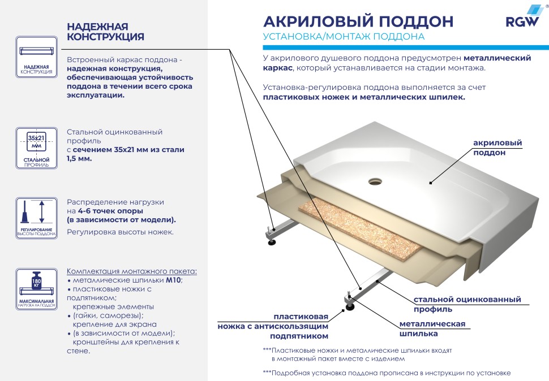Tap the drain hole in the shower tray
tap(375, 181)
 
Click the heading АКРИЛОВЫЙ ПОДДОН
tap(358, 21)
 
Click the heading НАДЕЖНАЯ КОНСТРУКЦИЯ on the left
tap(105, 32)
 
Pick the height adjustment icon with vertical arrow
tap(36, 217)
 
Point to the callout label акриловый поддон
tap(497, 148)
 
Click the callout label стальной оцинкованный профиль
tap(467, 304)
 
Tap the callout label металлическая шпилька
tap(432, 328)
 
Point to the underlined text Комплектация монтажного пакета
tap(132, 271)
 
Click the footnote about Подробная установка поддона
tap(387, 373)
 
